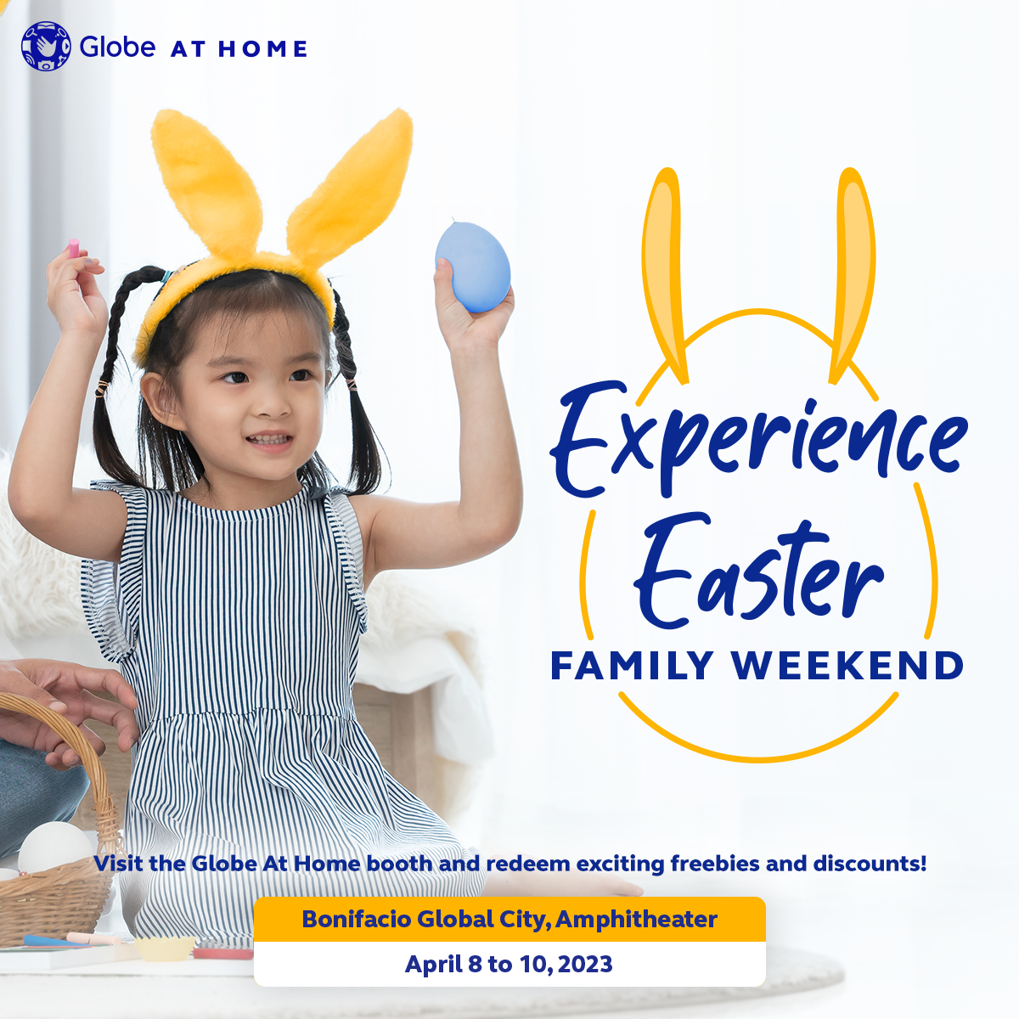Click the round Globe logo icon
[x=46, y=46]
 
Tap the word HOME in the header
[x=262, y=49]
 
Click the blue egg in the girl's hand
[x=473, y=267]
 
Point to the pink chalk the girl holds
[x=74, y=248]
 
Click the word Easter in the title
[x=758, y=571]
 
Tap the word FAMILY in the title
[x=632, y=665]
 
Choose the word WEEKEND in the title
[x=847, y=665]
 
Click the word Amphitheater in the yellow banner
[x=636, y=919]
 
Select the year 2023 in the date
[x=585, y=964]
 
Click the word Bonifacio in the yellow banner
[x=357, y=919]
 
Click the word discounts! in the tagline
[x=870, y=864]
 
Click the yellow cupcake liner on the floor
[x=165, y=949]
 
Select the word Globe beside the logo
[x=117, y=47]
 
